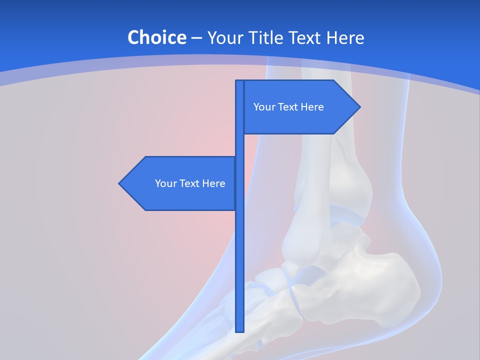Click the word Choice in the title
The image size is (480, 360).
pos(156,37)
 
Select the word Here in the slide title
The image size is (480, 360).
pos(345,37)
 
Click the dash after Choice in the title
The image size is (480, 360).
pos(196,38)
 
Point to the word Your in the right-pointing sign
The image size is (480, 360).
pos(263,107)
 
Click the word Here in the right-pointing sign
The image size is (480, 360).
pos(312,107)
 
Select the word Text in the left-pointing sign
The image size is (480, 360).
pos(190,183)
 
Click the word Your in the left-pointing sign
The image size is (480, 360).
pos(165,183)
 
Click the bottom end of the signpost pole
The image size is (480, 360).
pos(240,330)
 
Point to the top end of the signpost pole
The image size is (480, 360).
pos(240,81)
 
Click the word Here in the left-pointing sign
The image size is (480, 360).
pos(213,183)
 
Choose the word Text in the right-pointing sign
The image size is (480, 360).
pos(288,107)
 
